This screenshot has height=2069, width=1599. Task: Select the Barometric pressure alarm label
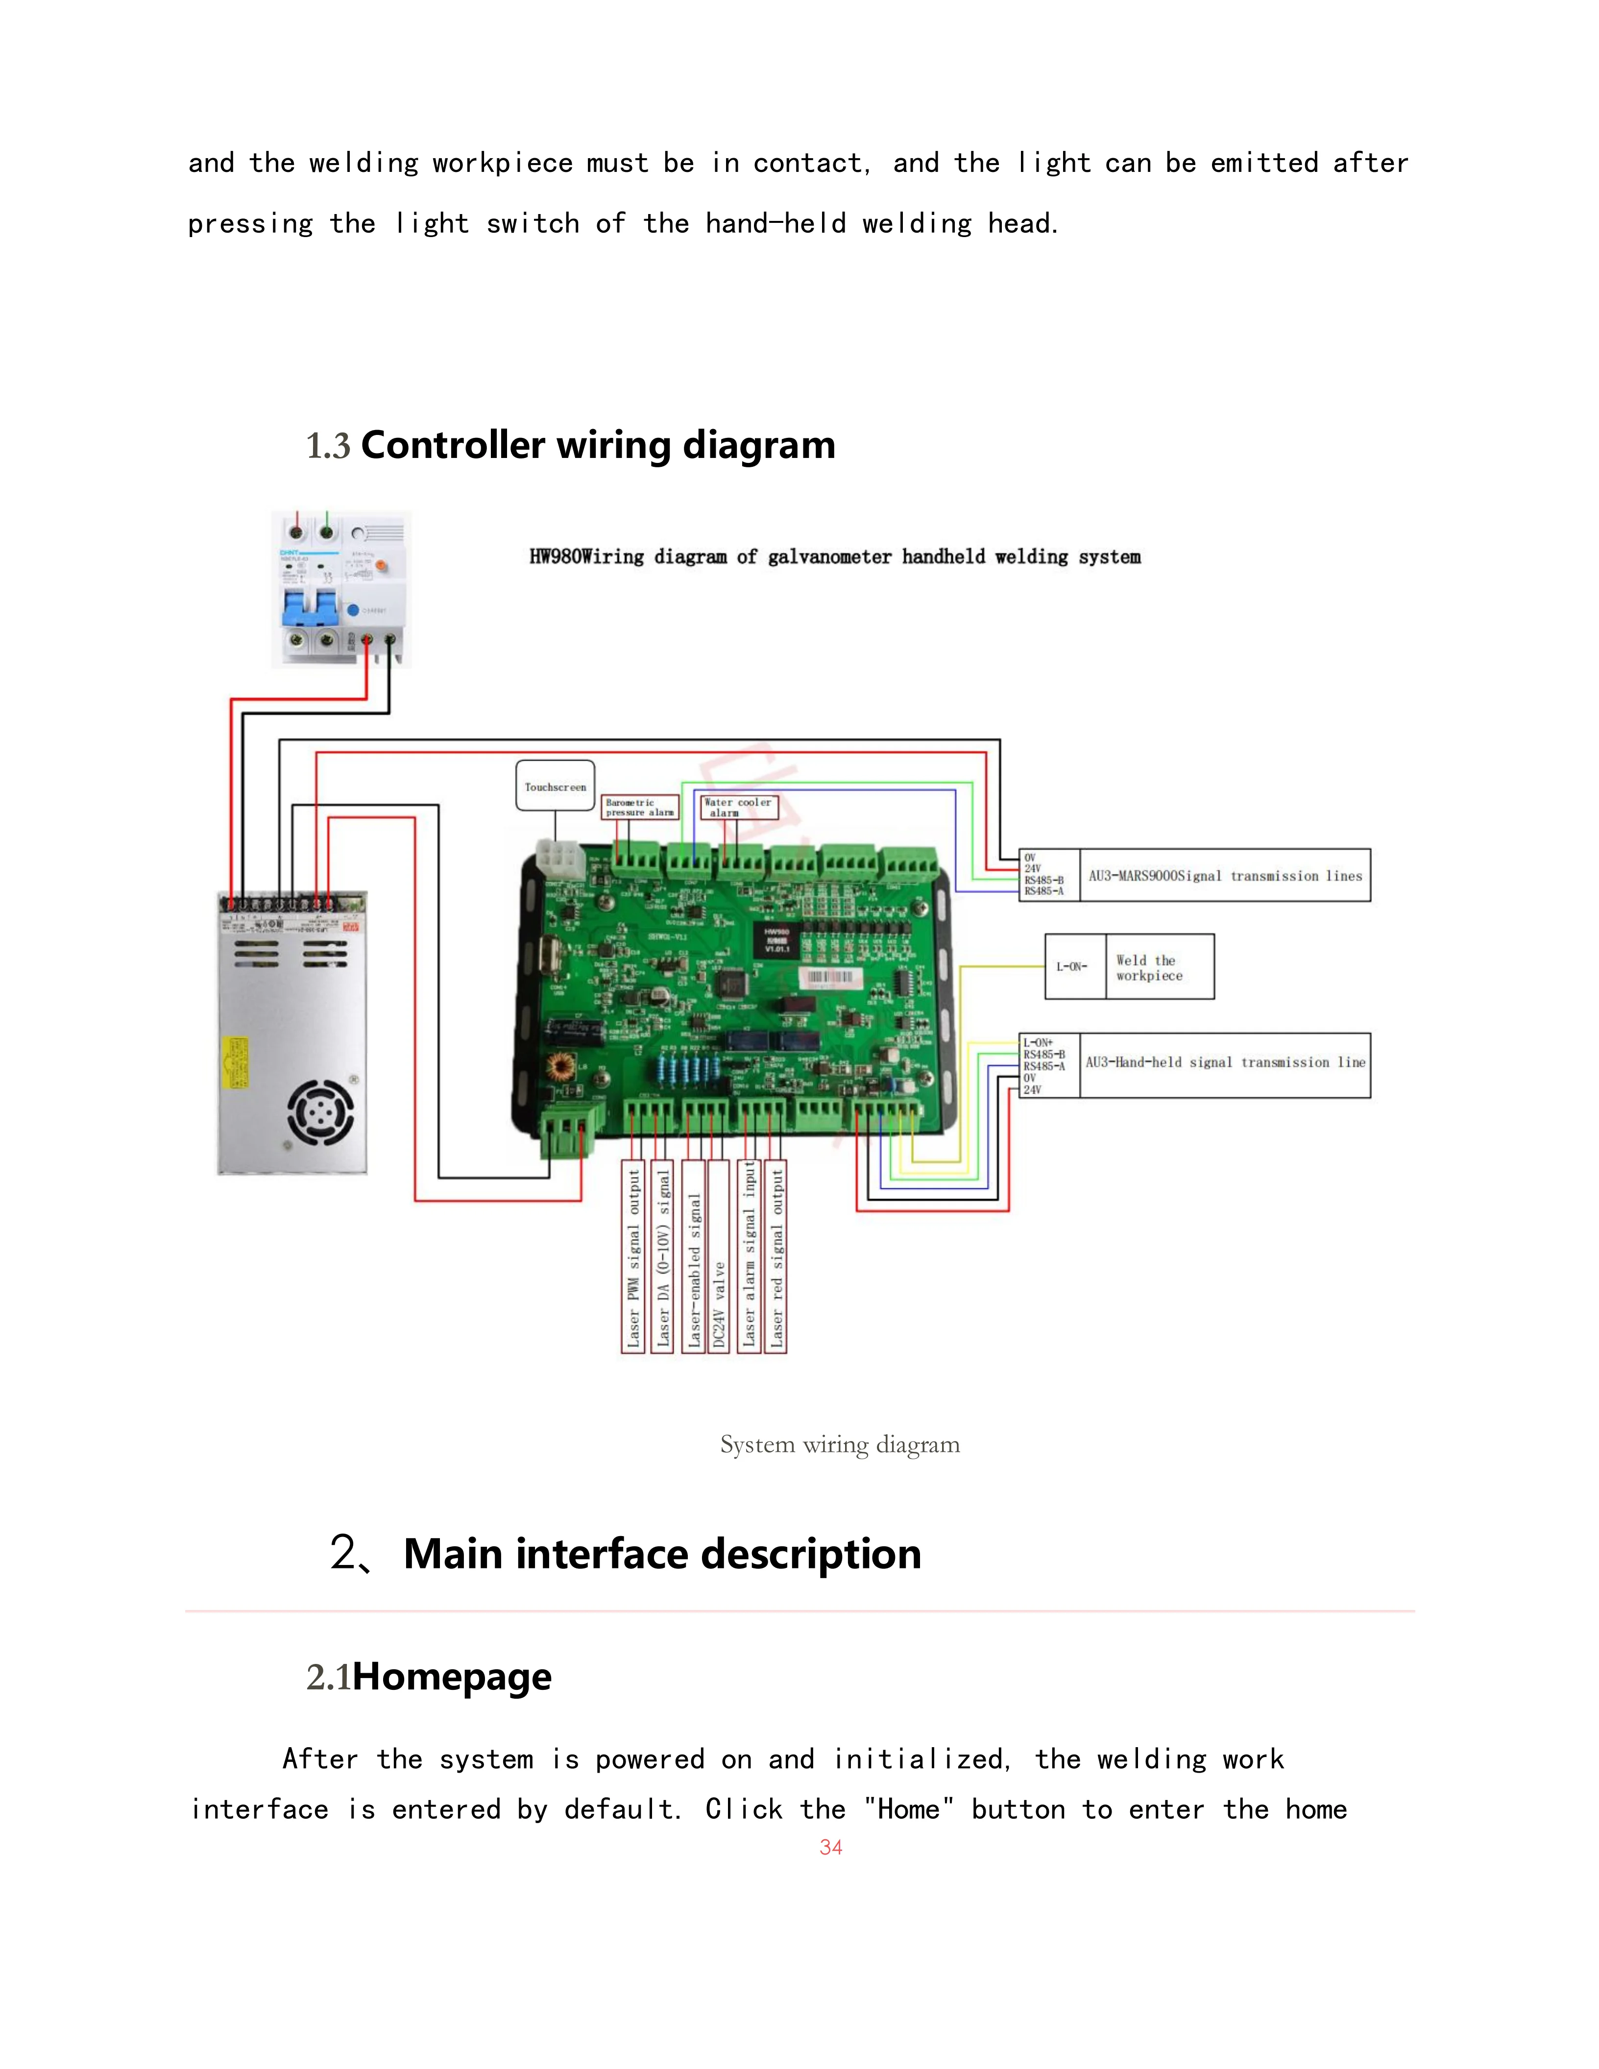pyautogui.click(x=640, y=807)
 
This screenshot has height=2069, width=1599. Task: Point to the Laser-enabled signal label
pyautogui.click(x=694, y=1270)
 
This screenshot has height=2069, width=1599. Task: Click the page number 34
pyautogui.click(x=831, y=1847)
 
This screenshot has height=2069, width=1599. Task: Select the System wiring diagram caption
pyautogui.click(x=839, y=1444)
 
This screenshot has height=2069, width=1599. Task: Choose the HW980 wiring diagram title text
pyautogui.click(x=835, y=557)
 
